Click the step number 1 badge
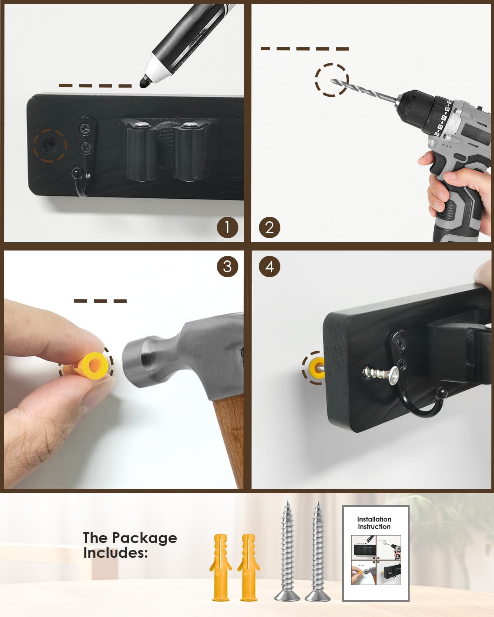(x=227, y=227)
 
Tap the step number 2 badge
(x=270, y=227)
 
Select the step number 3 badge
(x=227, y=267)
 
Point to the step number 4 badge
(x=270, y=267)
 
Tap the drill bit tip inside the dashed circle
(x=332, y=81)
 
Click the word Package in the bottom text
(x=144, y=539)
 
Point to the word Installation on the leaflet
(x=374, y=519)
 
